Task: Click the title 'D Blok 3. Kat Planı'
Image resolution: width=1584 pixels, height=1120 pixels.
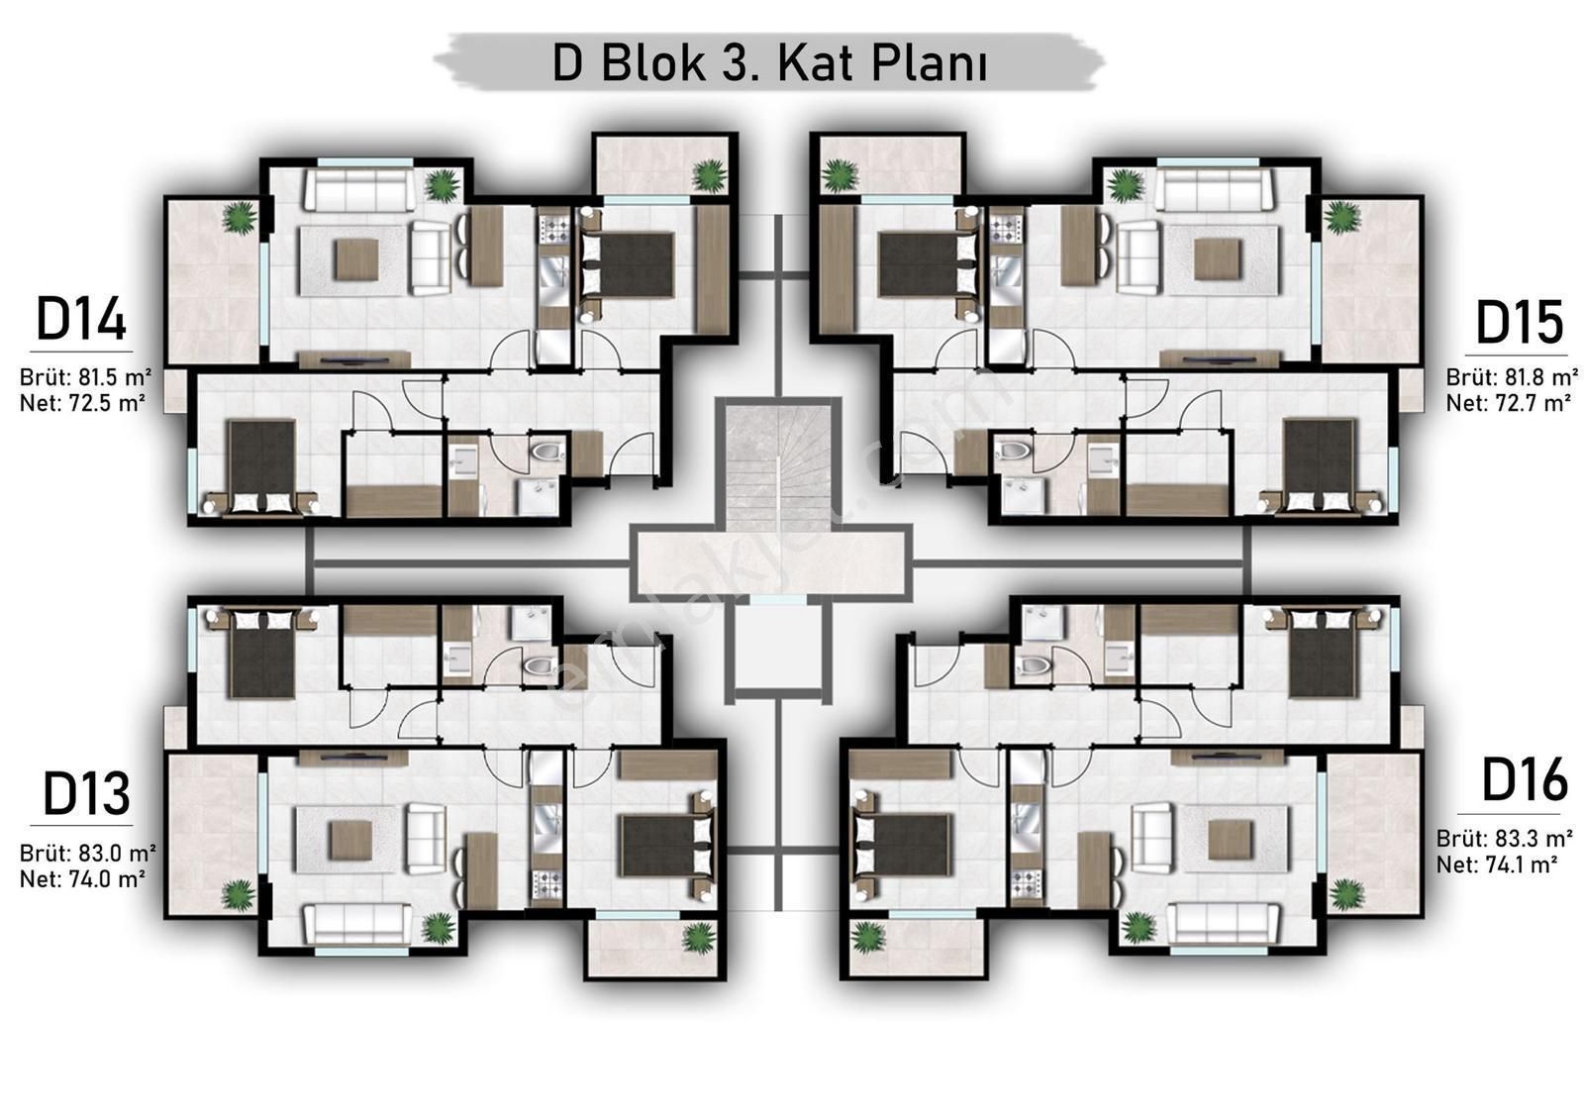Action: (x=770, y=64)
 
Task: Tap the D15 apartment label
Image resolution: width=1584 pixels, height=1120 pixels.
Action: (x=1519, y=323)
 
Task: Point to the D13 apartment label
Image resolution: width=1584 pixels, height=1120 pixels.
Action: (x=86, y=794)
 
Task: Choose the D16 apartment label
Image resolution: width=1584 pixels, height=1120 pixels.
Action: (x=1525, y=779)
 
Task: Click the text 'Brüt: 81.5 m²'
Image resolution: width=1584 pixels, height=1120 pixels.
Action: (x=85, y=377)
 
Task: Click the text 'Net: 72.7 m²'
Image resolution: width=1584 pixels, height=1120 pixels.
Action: (x=1509, y=403)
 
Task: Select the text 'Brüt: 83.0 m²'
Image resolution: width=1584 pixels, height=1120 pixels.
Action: (x=87, y=852)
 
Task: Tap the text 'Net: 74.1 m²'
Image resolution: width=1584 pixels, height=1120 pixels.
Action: (x=1497, y=864)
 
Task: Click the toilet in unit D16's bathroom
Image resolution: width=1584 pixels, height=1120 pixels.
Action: (x=1034, y=664)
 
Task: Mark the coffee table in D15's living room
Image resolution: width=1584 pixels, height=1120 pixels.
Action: (x=1217, y=258)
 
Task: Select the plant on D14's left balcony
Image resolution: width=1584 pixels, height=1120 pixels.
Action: (x=240, y=217)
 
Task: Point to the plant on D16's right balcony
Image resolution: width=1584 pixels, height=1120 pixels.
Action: (x=1346, y=895)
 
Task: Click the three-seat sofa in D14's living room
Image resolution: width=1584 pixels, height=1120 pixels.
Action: (x=358, y=189)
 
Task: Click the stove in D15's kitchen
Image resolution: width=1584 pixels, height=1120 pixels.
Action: (x=1005, y=229)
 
